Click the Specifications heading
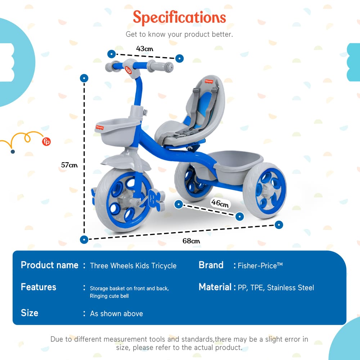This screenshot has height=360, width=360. pos(179,17)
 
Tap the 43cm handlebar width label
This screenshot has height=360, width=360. pos(145,48)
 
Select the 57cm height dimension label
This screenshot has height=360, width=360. pos(69,165)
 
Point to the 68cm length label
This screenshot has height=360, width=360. pos(191,241)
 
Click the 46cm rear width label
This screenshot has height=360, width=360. pos(220,203)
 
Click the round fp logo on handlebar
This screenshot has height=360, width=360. pos(128,70)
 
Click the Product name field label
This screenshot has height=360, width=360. pos(49,265)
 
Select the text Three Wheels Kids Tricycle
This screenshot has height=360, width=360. pos(133,266)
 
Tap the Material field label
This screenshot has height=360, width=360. pos(215,287)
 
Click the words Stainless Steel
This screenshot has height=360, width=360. pos(291,288)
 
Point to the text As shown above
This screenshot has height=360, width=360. pos(116,314)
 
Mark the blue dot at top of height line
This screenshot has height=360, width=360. pos(84,78)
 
